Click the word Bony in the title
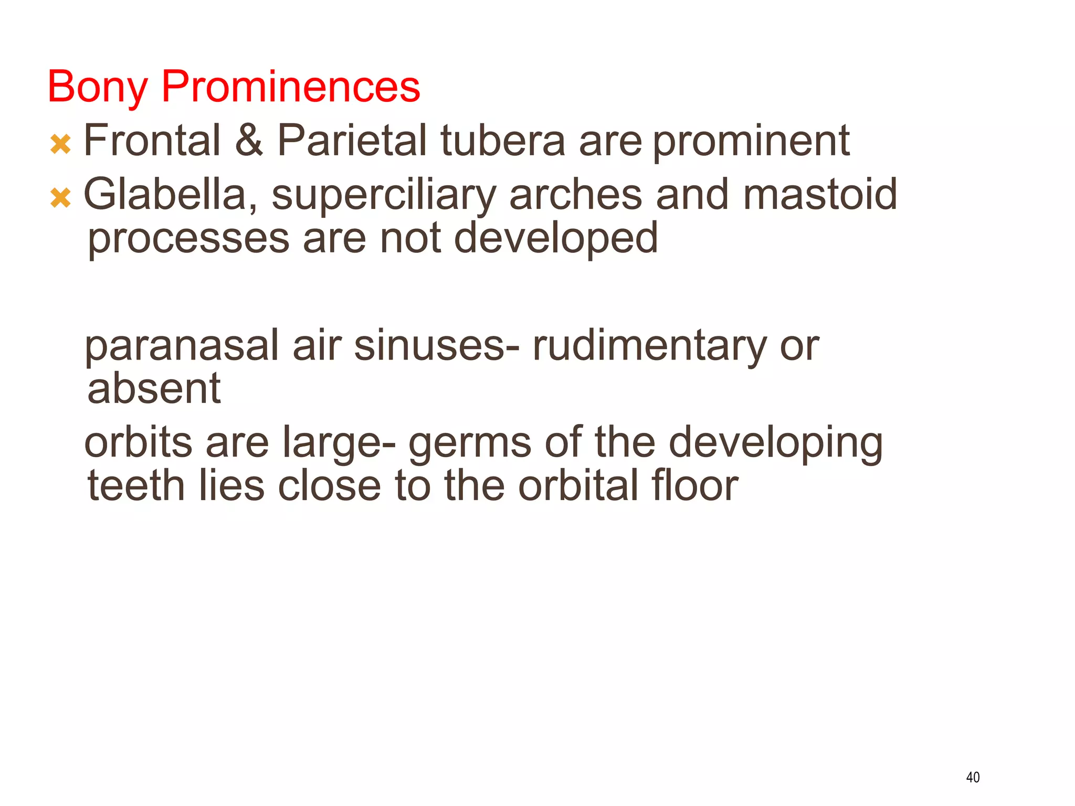97,87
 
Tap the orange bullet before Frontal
60,144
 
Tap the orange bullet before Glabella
60,198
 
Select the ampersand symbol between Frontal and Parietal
248,141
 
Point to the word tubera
502,141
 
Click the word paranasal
182,346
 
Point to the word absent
154,389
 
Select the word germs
470,444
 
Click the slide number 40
973,777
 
